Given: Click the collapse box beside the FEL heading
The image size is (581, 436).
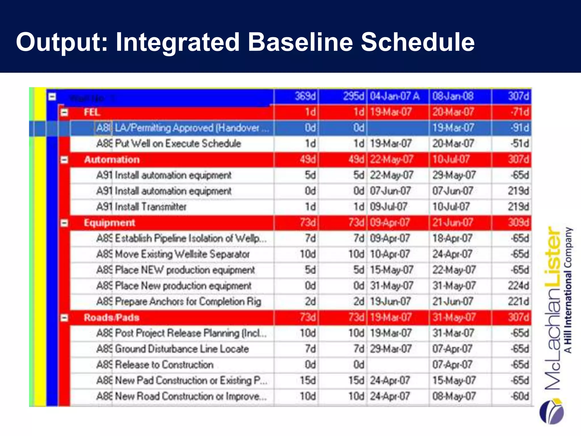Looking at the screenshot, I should (64, 112).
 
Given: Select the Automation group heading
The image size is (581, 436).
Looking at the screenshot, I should (112, 160).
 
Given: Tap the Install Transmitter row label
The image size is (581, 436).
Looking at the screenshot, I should (150, 207).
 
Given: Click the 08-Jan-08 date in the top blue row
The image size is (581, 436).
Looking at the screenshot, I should (453, 97).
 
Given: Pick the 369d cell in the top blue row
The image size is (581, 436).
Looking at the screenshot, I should (305, 97).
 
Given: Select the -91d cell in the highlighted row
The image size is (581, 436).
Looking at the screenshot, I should (519, 128).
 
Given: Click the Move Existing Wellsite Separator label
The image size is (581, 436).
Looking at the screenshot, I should (182, 254).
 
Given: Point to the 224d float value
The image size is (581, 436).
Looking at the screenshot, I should (518, 286).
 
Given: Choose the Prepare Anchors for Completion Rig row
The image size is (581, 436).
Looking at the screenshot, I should (188, 301).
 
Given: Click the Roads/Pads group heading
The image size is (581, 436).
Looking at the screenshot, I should (111, 317).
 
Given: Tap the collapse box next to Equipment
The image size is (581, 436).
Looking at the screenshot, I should (64, 223).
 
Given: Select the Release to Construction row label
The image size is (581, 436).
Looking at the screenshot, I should (164, 364).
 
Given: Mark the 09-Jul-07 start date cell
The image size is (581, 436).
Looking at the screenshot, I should (389, 207).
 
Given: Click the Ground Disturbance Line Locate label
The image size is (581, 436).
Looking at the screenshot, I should (182, 349).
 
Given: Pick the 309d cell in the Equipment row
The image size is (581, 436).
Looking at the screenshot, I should (518, 223).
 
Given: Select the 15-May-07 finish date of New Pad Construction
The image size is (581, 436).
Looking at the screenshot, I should (454, 380).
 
